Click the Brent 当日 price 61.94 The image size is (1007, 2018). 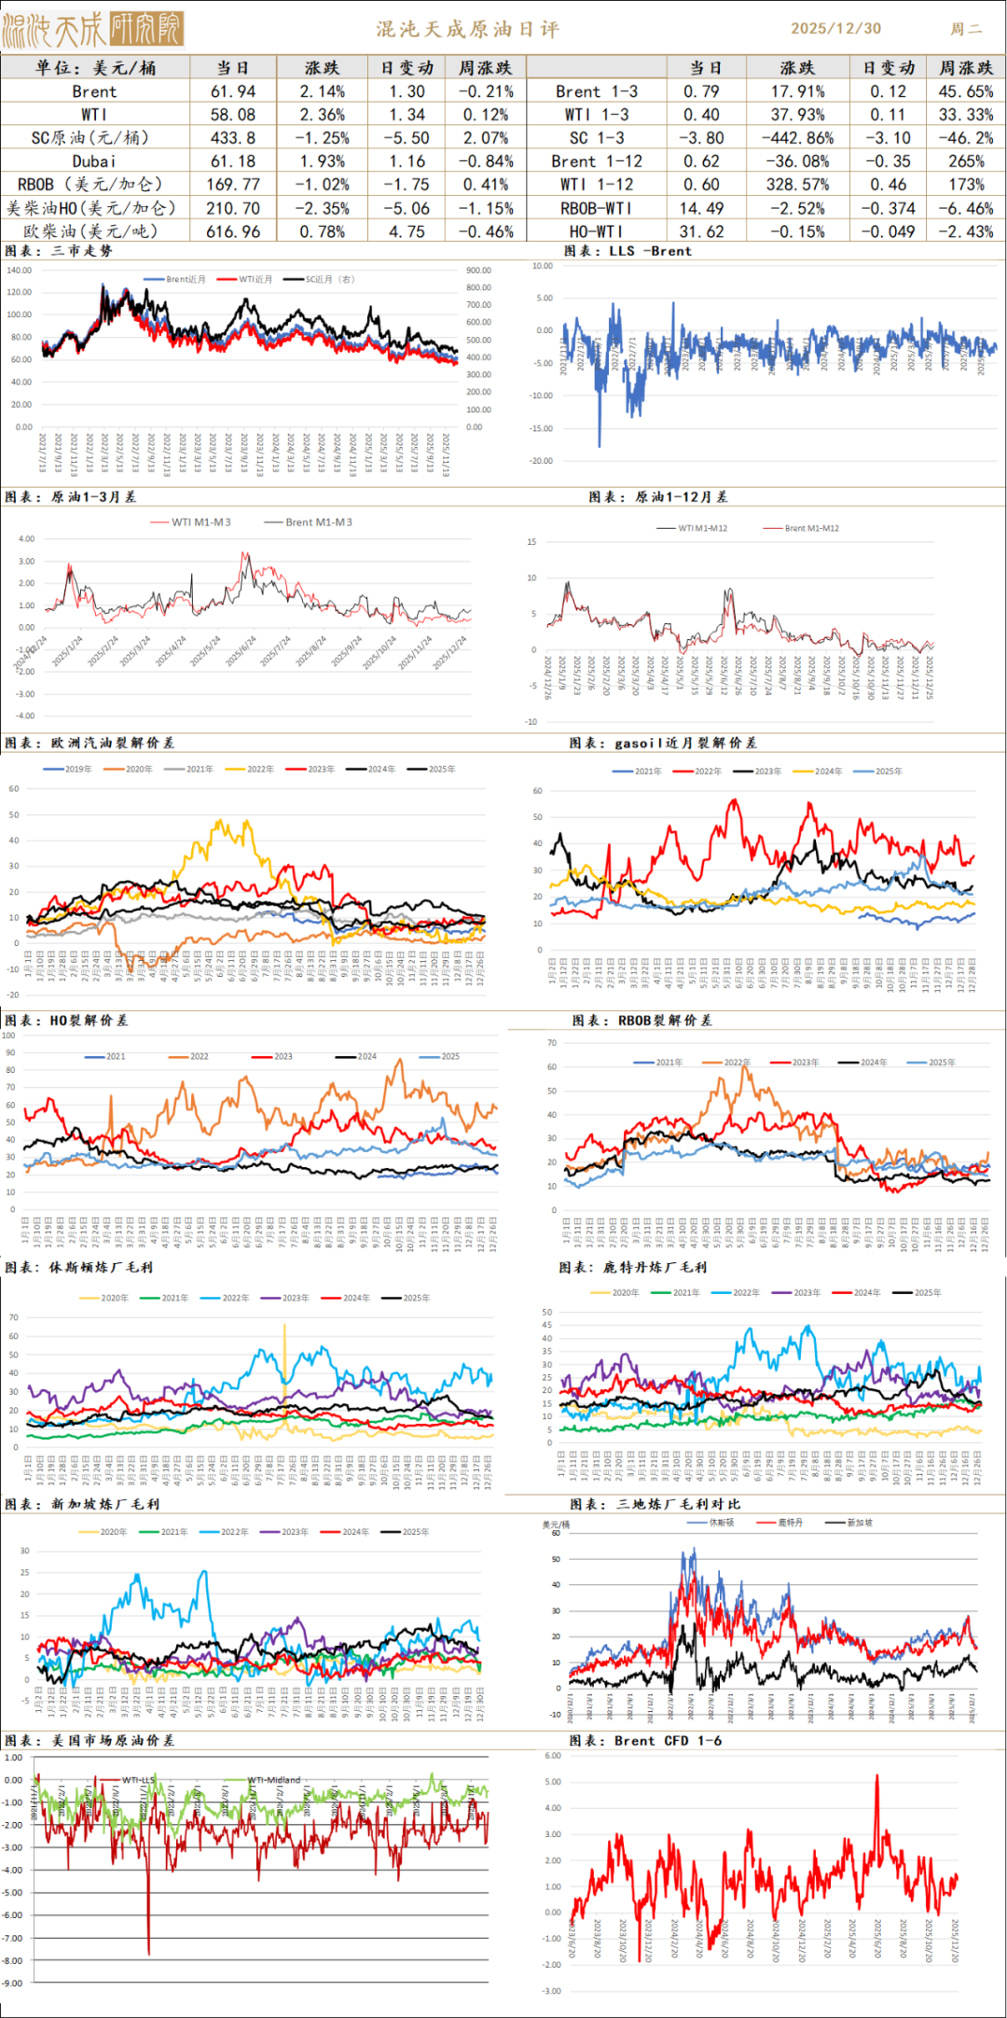pyautogui.click(x=233, y=91)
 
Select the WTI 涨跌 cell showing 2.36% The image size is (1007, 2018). pyautogui.click(x=322, y=115)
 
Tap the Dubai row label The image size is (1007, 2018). pyautogui.click(x=94, y=161)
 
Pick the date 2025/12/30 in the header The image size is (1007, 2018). pyautogui.click(x=835, y=28)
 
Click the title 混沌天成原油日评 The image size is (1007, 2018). pyautogui.click(x=468, y=29)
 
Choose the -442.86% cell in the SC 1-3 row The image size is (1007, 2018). pyautogui.click(x=796, y=138)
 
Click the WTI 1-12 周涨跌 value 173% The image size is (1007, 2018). pyautogui.click(x=966, y=185)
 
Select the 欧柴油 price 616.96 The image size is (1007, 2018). pyautogui.click(x=233, y=231)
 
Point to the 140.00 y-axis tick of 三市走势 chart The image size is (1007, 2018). pyautogui.click(x=20, y=271)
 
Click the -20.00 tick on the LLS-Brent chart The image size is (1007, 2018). pyautogui.click(x=541, y=461)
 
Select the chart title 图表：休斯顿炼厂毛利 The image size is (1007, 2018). pyautogui.click(x=79, y=1267)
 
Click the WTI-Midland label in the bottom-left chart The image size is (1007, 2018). pyautogui.click(x=276, y=1779)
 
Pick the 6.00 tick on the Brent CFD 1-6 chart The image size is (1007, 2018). pyautogui.click(x=552, y=1755)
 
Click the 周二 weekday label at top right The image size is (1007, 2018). pyautogui.click(x=966, y=29)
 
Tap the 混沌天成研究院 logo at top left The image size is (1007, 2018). pyautogui.click(x=92, y=29)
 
